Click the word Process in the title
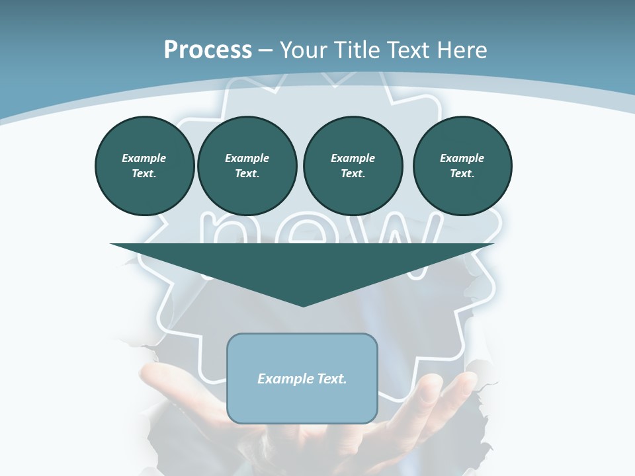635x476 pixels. pos(208,50)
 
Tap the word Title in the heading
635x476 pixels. pos(360,50)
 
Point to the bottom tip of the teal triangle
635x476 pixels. pos(303,305)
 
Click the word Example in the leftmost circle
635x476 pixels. pos(144,158)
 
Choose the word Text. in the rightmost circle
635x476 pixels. pos(462,173)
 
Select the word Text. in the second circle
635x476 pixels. pos(247,173)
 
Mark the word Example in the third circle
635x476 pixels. pos(353,158)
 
